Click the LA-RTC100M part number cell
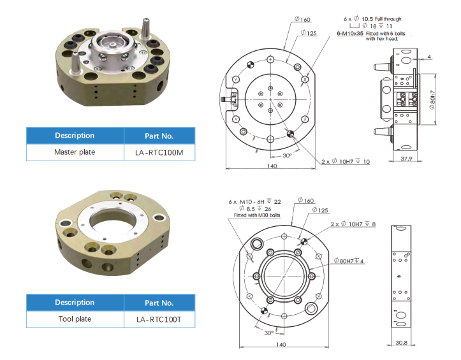[159, 152]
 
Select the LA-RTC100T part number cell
[159, 319]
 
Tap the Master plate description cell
[75, 152]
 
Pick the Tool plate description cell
[75, 319]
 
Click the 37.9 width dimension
[406, 159]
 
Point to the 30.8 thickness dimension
[401, 343]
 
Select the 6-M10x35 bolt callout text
[350, 34]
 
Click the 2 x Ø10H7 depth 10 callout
[346, 161]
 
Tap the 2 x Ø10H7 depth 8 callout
[353, 224]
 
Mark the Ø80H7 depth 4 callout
[349, 261]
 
